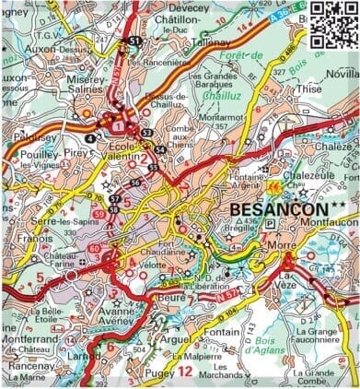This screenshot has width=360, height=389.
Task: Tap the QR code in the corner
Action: [x=332, y=22]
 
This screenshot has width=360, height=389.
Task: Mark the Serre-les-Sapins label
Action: [x=64, y=224]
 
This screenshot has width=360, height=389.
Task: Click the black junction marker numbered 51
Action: [x=135, y=41]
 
